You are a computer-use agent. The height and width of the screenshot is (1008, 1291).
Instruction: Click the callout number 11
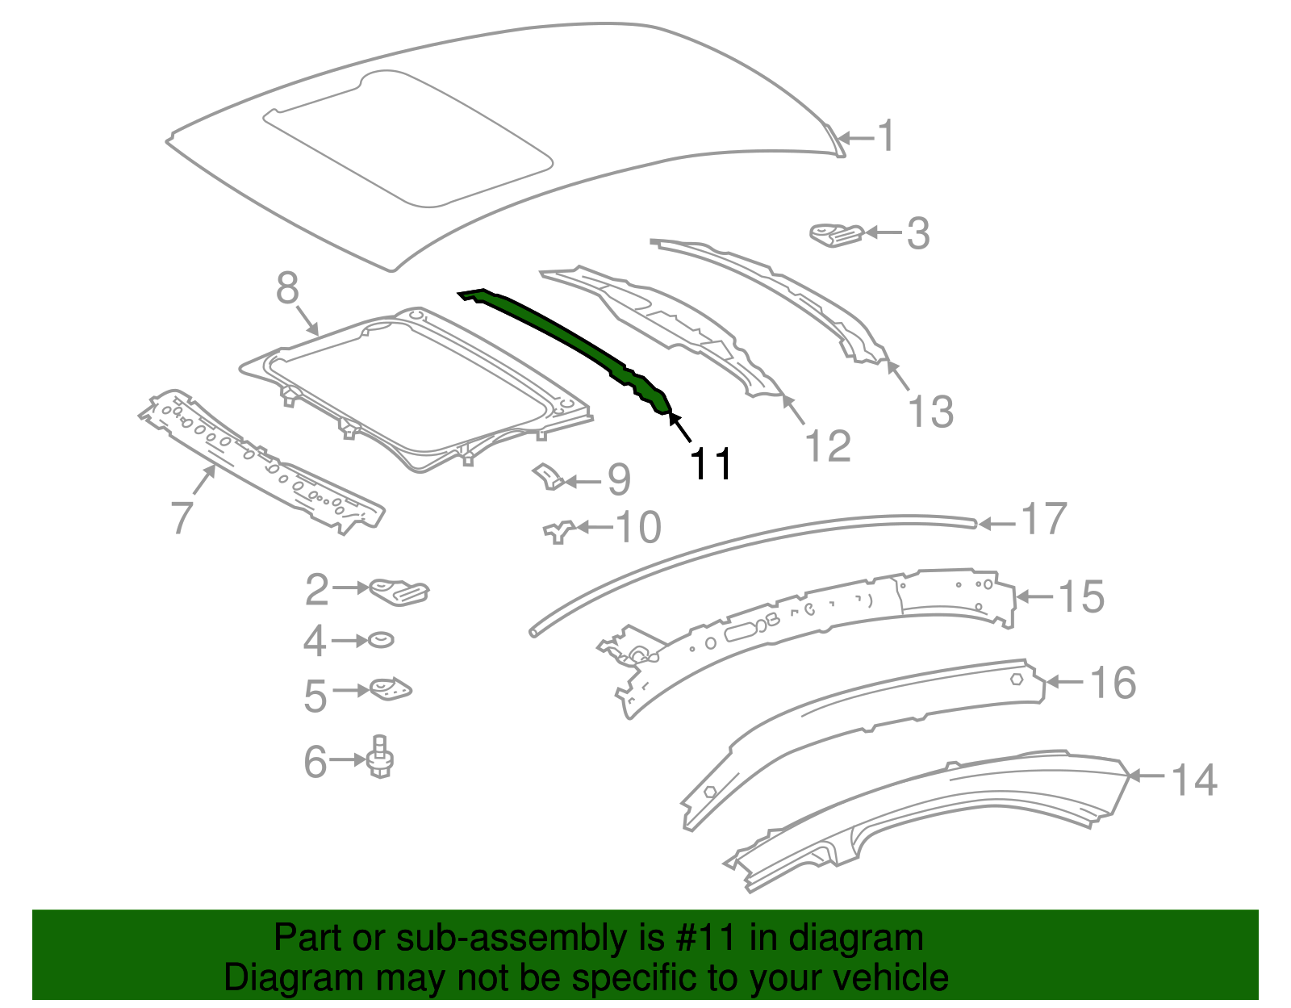click(x=711, y=464)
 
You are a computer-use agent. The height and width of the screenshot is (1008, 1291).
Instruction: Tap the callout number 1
click(x=886, y=136)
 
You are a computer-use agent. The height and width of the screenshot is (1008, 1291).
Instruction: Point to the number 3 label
click(x=918, y=234)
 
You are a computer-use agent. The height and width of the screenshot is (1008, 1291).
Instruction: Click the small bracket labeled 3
click(x=836, y=234)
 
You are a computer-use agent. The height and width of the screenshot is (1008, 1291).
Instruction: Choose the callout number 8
click(x=287, y=288)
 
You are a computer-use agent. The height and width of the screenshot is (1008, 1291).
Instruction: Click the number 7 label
click(x=182, y=517)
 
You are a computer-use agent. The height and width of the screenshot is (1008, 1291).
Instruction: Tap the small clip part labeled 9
click(x=549, y=476)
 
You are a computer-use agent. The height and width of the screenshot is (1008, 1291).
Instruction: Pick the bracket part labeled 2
click(x=399, y=592)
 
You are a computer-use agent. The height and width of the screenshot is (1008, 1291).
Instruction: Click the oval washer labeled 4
click(x=381, y=640)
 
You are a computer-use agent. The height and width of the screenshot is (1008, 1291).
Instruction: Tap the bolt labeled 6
click(x=381, y=757)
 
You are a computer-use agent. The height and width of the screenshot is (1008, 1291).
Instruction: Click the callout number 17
click(x=1044, y=519)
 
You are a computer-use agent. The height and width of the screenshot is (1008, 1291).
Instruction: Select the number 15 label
click(x=1080, y=597)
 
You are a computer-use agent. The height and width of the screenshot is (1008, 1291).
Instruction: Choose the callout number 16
click(x=1113, y=683)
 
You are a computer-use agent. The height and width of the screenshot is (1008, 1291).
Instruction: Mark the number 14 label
click(x=1193, y=780)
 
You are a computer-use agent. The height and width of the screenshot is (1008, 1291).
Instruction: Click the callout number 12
click(x=828, y=446)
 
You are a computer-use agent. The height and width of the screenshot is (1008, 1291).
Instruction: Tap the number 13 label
click(x=930, y=412)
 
